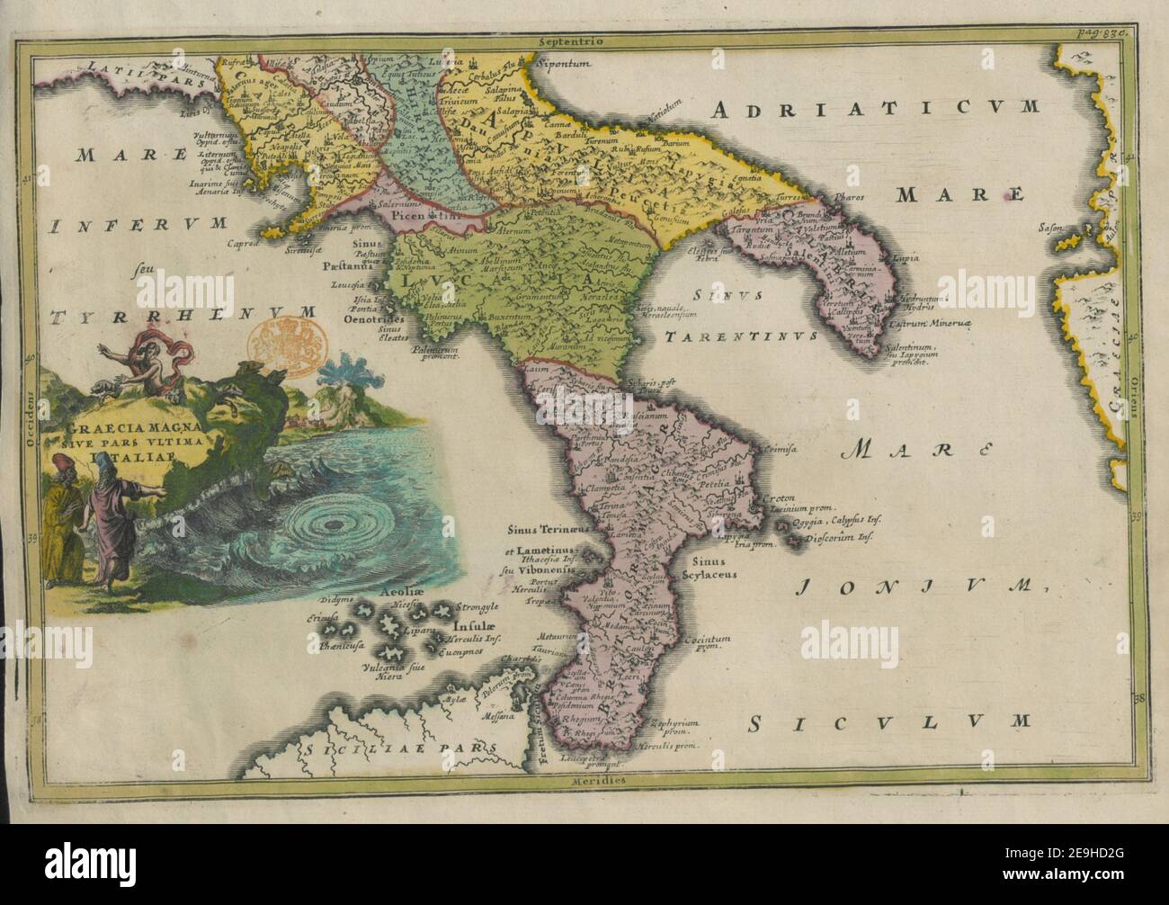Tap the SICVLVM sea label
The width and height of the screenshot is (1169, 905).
coord(889,721)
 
